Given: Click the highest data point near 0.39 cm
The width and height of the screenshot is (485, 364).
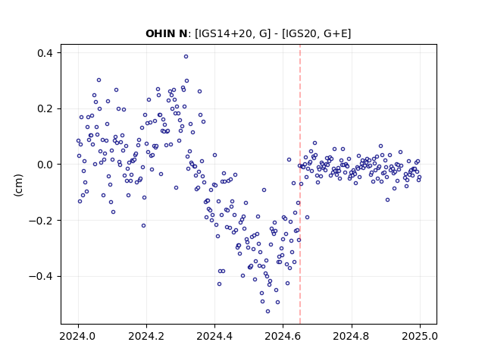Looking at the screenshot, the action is coord(186,56).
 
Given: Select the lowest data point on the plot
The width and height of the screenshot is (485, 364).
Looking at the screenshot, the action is coord(268,311).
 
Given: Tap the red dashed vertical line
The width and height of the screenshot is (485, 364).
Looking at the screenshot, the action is coord(300,184).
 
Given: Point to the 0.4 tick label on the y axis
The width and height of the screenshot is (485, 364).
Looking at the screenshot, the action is coord(45,53).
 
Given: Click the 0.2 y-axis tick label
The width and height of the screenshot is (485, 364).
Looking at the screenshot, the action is coord(45,109).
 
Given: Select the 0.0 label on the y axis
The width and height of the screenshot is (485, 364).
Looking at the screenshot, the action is coord(45,165).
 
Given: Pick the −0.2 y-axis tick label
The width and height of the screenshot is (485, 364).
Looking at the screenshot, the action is coord(41,221).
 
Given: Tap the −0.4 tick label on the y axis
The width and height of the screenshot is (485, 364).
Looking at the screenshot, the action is coord(41,276).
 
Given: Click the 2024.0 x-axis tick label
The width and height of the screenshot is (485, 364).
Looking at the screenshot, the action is coord(78,336).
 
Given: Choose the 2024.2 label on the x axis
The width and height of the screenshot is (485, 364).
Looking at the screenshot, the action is coord(146,336).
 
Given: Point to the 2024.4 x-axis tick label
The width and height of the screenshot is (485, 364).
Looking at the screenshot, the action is coord(214,336).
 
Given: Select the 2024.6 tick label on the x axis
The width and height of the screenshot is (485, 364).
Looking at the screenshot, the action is coord(283,336).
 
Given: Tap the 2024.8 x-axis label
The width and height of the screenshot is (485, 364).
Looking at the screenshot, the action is coord(352,336).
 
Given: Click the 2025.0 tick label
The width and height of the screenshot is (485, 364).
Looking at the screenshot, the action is coord(420,336).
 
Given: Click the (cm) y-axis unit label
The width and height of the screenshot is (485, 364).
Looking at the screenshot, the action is coord(18,185).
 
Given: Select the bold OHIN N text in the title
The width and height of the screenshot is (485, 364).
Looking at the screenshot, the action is coord(167,33).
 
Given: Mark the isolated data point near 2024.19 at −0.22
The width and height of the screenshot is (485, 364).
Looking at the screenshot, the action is coord(143,226).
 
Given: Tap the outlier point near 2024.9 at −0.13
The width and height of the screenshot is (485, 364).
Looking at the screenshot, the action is coord(387,200).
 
